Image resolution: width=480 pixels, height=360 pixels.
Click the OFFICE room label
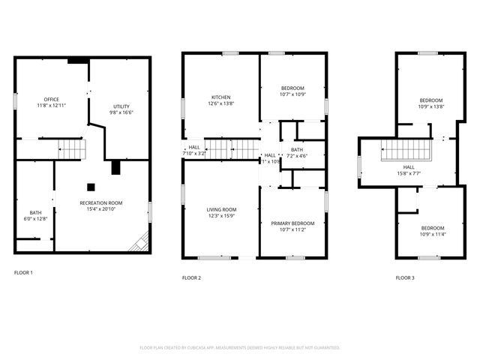pyautogui.click(x=51, y=99)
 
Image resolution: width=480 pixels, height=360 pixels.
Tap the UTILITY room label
pyautogui.click(x=121, y=106)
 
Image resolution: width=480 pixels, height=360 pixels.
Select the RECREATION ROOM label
pyautogui.click(x=101, y=202)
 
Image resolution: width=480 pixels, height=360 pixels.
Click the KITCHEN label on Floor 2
pyautogui.click(x=220, y=97)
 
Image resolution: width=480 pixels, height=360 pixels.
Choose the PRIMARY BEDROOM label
pyautogui.click(x=292, y=223)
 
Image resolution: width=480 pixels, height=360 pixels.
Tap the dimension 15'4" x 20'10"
pyautogui.click(x=101, y=209)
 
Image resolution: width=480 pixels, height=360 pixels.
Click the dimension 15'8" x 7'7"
pyautogui.click(x=409, y=173)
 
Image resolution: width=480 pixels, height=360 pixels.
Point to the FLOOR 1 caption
pyautogui.click(x=23, y=272)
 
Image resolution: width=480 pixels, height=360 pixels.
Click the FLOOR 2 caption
pyautogui.click(x=191, y=277)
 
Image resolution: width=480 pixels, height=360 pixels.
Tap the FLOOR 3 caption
pyautogui.click(x=405, y=277)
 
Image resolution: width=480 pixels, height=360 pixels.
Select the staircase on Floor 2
pyautogui.click(x=223, y=148)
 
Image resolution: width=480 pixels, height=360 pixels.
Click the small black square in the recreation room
pyautogui.click(x=90, y=187)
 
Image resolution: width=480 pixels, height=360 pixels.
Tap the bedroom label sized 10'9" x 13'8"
pyautogui.click(x=431, y=100)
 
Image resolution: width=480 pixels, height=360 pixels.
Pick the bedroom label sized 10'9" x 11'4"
pyautogui.click(x=431, y=228)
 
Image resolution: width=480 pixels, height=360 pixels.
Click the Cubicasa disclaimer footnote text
pyautogui.click(x=240, y=347)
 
